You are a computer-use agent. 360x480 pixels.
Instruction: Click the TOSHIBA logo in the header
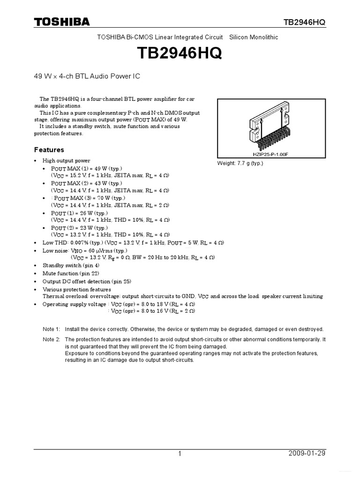click(61, 22)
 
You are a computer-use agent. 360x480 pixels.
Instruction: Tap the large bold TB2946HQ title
click(180, 53)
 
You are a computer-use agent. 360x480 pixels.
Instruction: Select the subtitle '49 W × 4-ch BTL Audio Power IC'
click(87, 76)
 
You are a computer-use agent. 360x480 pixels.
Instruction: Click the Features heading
click(49, 150)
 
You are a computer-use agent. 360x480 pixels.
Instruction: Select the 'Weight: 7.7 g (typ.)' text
click(240, 163)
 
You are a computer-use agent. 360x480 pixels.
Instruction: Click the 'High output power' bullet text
click(67, 161)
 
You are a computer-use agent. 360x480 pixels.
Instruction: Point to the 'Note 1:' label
click(52, 329)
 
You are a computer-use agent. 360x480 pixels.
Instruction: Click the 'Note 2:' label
click(52, 339)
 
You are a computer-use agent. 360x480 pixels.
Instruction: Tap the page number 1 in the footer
click(180, 453)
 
